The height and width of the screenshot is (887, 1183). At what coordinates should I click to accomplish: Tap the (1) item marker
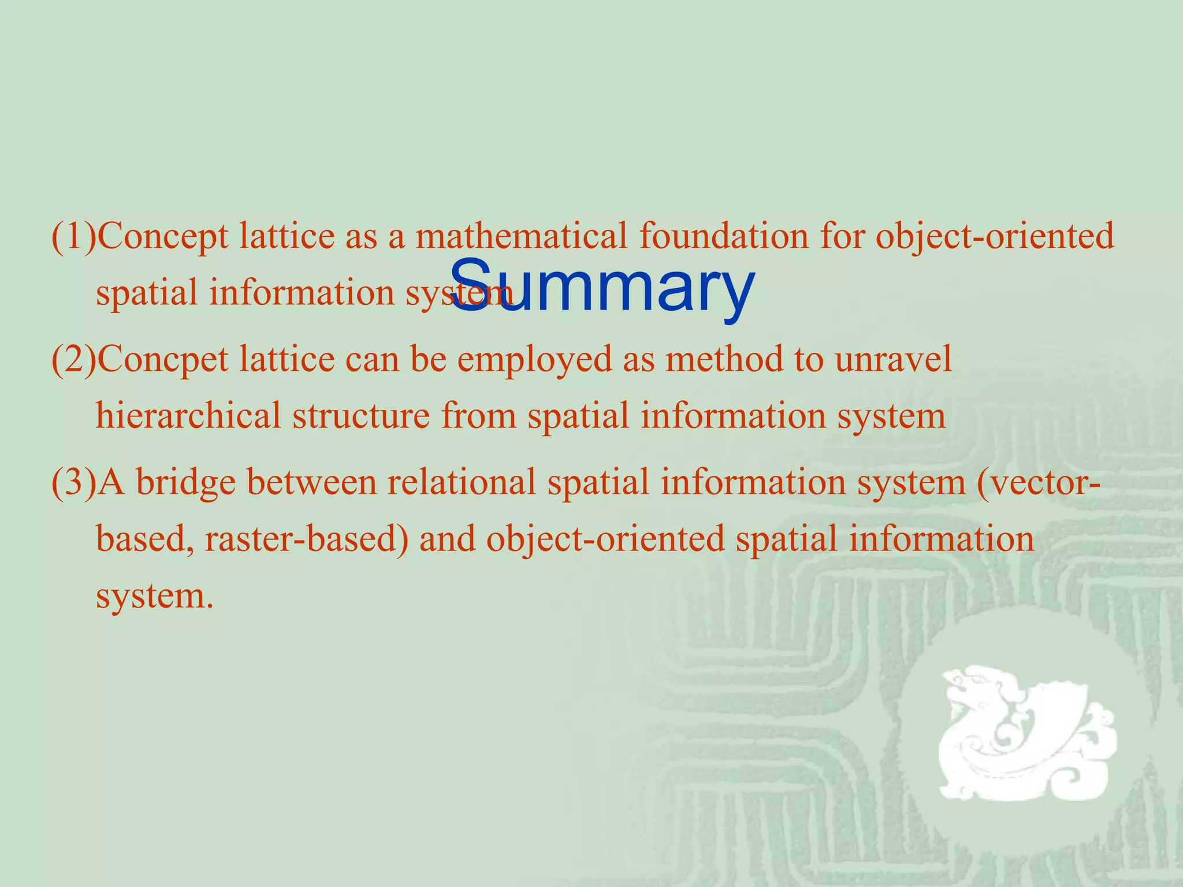(74, 236)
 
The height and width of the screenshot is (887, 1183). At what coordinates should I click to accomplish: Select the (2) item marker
(74, 359)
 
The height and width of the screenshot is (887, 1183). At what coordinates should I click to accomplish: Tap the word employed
(534, 359)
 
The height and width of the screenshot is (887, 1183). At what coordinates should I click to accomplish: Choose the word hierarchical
(188, 415)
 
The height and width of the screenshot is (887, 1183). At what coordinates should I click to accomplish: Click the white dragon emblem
(1025, 733)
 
